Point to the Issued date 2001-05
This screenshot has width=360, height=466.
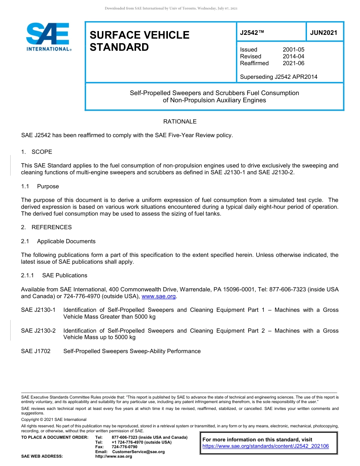(x=293, y=50)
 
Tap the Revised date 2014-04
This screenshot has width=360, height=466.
(x=293, y=56)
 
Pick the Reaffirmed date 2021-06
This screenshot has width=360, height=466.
(x=293, y=63)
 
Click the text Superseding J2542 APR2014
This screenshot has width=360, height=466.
(x=279, y=77)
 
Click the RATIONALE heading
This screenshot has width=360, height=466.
(x=180, y=122)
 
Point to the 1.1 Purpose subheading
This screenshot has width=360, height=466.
(x=40, y=186)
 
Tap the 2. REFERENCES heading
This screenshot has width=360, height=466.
(x=46, y=227)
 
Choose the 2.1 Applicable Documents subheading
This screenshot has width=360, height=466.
(x=58, y=241)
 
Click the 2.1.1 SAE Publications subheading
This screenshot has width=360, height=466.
(x=54, y=275)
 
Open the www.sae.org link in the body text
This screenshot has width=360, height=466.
(x=159, y=296)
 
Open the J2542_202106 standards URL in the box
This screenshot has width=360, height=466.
(x=266, y=446)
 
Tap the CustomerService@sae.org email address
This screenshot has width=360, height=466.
(x=138, y=452)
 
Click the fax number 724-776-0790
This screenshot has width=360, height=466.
(x=124, y=447)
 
